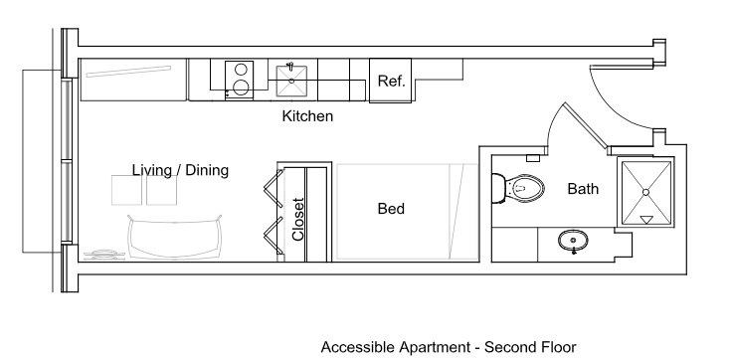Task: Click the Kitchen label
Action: click(x=307, y=116)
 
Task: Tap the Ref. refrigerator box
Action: click(x=390, y=81)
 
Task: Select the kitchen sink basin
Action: click(x=291, y=81)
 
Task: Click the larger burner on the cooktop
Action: click(x=241, y=88)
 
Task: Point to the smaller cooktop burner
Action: click(x=241, y=70)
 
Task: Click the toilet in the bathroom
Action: click(x=518, y=189)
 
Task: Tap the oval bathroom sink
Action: click(x=573, y=241)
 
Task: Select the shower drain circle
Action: click(x=645, y=192)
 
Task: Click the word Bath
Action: click(x=583, y=189)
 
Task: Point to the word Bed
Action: click(x=391, y=209)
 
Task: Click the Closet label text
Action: click(x=298, y=220)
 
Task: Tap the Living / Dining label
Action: click(x=180, y=170)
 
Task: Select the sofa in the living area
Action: click(x=175, y=237)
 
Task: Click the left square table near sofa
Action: click(x=126, y=190)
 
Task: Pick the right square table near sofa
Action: click(x=161, y=190)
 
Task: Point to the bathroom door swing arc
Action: click(x=553, y=122)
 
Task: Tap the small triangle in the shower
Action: click(x=646, y=220)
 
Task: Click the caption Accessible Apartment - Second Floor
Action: click(x=449, y=347)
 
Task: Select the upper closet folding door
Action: click(x=274, y=189)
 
